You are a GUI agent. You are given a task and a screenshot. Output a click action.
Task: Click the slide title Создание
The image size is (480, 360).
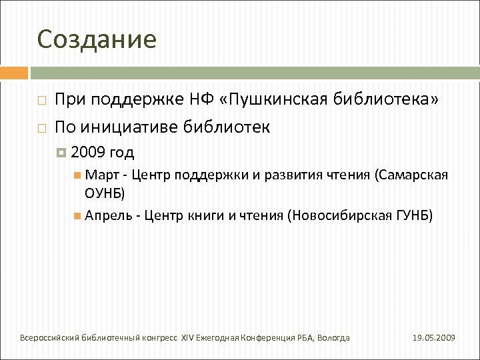click(97, 40)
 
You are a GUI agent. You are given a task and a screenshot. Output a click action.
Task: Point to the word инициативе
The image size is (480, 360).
click(131, 127)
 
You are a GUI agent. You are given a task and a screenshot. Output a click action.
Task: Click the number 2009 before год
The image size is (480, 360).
click(87, 153)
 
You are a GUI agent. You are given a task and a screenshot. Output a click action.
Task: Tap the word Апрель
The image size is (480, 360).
click(109, 215)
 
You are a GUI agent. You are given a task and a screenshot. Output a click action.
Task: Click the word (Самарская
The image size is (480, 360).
click(411, 175)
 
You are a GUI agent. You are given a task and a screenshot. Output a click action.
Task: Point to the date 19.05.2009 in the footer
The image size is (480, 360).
click(433, 338)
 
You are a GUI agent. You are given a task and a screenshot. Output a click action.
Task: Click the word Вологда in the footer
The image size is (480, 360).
click(333, 338)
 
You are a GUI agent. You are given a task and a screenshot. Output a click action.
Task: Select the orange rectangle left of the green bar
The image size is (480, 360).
click(13, 73)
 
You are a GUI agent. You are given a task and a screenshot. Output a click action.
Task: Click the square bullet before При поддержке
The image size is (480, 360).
click(41, 101)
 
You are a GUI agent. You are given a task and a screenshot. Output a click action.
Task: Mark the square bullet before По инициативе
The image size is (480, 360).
click(41, 127)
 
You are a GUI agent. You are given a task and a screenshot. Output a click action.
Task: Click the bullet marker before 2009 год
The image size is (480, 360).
click(62, 153)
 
